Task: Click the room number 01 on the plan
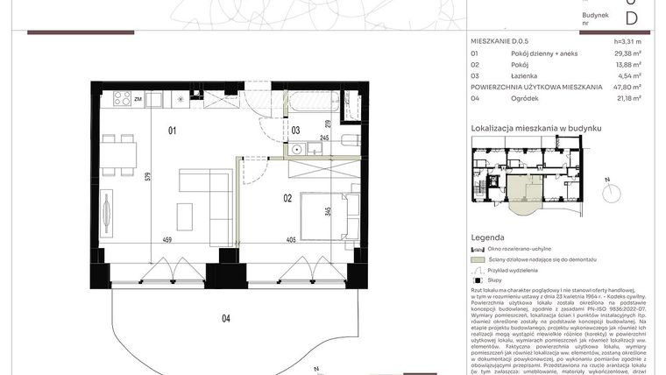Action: (173, 131)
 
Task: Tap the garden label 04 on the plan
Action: (225, 318)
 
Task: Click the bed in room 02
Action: (324, 216)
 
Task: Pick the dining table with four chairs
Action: (118, 154)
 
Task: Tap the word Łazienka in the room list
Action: (525, 75)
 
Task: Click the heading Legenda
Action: (487, 237)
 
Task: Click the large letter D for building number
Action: (631, 18)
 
